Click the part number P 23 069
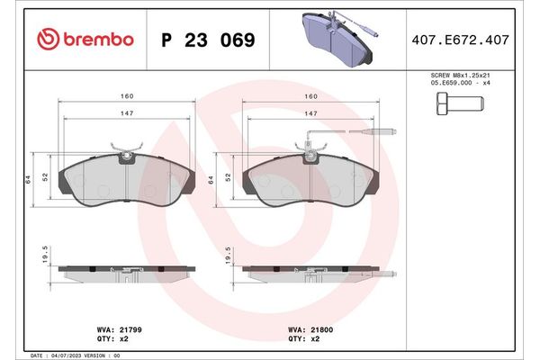coord(207,40)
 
